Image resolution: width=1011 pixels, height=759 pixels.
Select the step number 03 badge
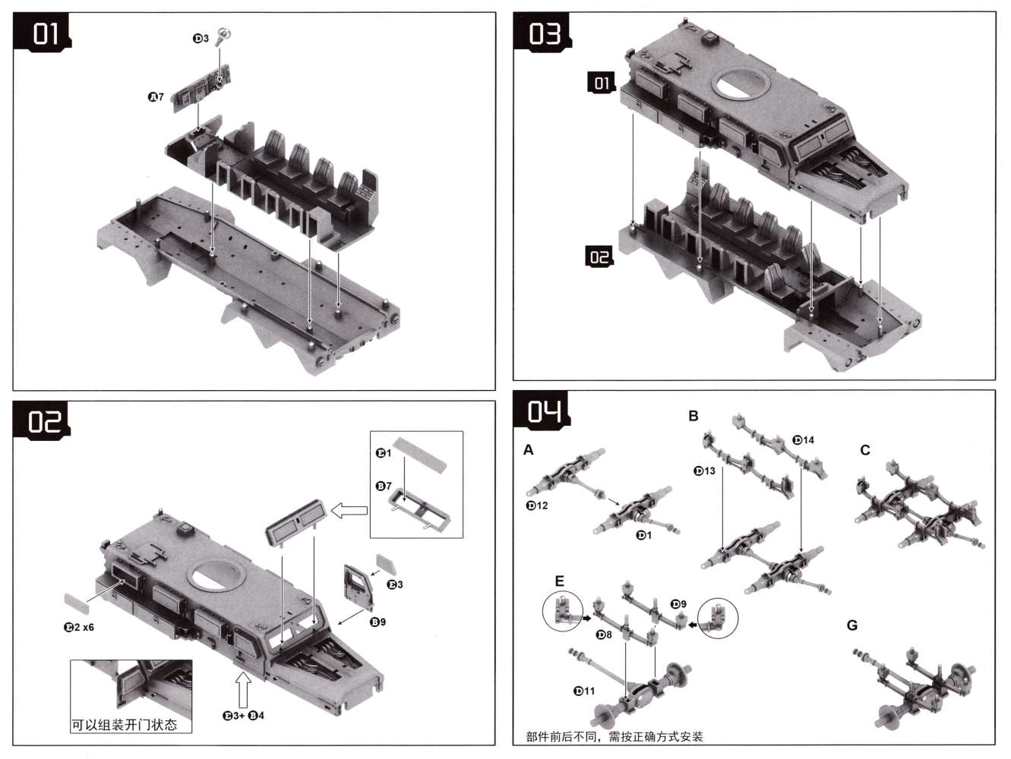(x=544, y=34)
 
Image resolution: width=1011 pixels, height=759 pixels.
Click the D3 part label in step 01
(x=200, y=39)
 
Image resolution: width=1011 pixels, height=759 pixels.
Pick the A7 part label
(x=156, y=97)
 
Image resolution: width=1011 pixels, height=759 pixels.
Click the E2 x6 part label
(x=78, y=627)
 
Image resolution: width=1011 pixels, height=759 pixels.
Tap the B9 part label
(x=378, y=622)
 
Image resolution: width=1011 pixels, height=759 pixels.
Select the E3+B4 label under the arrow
(x=243, y=715)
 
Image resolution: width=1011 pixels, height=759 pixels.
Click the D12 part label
(x=536, y=505)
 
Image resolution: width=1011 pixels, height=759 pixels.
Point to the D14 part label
(x=803, y=439)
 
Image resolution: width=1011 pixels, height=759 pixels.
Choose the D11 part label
(x=585, y=691)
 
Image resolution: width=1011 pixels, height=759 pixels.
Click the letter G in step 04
(x=851, y=625)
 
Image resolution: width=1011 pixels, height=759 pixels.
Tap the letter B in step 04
(x=693, y=416)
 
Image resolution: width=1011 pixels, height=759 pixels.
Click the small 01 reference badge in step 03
(x=602, y=83)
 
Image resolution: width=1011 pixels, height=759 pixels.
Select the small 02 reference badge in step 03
(x=599, y=257)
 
